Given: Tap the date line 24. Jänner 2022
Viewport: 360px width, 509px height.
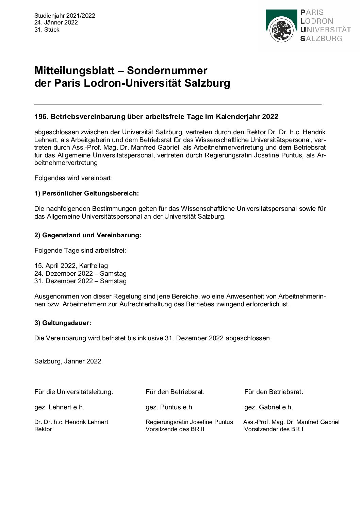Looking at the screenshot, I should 56,22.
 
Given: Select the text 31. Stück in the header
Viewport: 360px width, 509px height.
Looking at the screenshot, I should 47,30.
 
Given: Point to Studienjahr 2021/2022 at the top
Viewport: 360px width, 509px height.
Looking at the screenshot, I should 65,16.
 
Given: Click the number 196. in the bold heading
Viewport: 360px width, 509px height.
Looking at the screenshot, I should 41,117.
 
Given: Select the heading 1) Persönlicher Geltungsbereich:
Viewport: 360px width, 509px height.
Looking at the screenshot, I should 86,193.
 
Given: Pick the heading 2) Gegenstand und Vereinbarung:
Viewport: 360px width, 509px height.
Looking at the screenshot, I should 87,235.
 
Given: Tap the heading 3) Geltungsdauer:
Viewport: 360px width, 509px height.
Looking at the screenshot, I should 63,323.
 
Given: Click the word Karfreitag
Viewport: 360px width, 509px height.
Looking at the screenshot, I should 94,266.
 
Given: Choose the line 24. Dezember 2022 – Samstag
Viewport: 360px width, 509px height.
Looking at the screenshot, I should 80,273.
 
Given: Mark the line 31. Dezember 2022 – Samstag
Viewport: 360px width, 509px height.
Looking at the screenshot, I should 80,281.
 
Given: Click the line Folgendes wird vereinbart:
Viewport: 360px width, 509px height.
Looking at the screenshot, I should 73,178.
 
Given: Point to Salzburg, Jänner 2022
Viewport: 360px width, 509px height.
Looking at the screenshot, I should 68,361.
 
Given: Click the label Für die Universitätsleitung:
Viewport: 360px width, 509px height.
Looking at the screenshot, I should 73,392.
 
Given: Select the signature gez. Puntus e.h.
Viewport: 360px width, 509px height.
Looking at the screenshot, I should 169,407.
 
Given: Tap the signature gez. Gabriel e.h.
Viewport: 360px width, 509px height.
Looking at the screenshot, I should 268,407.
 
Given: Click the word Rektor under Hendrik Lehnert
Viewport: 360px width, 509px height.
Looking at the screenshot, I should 43,429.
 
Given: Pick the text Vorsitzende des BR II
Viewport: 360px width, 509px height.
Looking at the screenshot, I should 175,429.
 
